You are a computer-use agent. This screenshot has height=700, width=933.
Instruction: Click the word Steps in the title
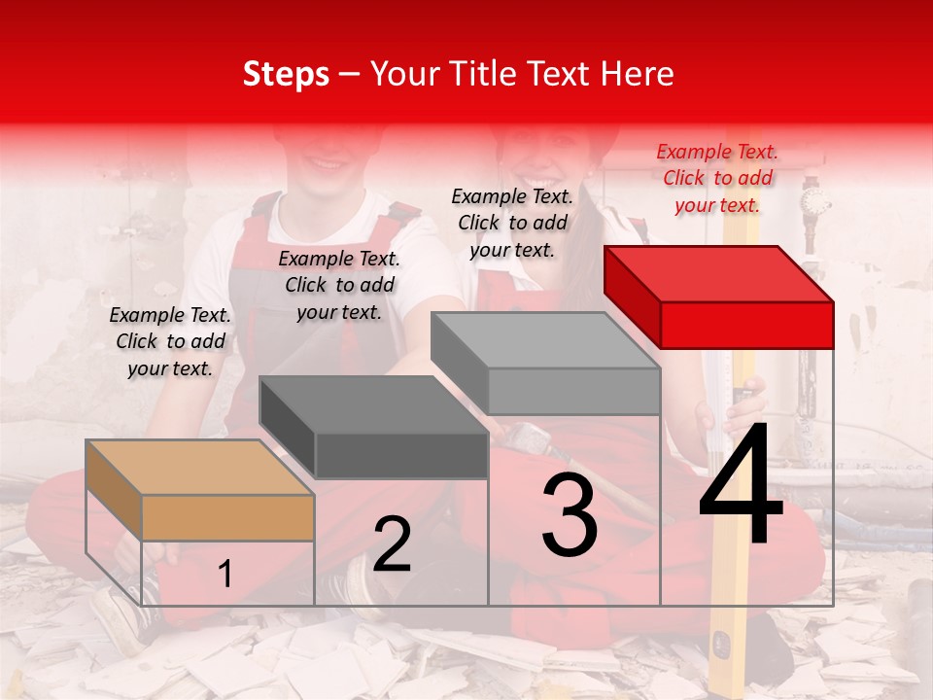coord(286,74)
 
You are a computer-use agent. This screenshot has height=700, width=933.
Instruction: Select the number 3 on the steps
coord(570,515)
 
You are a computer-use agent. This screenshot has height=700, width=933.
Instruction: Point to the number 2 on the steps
coord(392,544)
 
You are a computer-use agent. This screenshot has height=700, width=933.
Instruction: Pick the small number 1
coord(225,574)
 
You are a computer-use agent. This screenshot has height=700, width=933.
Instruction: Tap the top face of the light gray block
coord(545,340)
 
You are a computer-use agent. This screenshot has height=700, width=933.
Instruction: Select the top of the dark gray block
coord(373,404)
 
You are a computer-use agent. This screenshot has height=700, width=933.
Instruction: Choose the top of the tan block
coord(200,468)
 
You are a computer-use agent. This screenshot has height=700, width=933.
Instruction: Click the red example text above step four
coord(717,178)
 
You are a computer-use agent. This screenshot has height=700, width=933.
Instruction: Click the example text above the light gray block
coord(512,223)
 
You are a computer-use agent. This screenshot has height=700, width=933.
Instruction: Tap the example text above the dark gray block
coord(339,285)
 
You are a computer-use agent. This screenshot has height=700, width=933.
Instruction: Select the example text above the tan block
coord(170,341)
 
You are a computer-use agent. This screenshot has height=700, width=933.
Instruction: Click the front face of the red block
coord(746,325)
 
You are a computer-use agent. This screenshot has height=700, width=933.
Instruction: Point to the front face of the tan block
coord(227,517)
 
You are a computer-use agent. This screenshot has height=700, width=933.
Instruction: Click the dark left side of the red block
coord(632,297)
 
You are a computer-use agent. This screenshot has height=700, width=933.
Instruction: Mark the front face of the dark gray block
coord(401,455)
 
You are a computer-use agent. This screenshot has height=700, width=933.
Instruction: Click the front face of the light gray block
coord(573,391)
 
